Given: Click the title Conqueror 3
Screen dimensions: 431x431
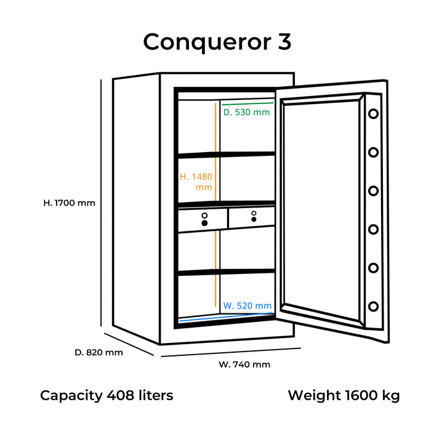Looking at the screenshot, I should pyautogui.click(x=216, y=42).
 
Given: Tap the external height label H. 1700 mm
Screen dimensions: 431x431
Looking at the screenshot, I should pyautogui.click(x=69, y=202).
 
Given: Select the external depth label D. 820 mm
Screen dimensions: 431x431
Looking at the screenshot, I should pyautogui.click(x=99, y=352).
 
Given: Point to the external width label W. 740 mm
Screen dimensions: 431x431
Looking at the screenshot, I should pyautogui.click(x=244, y=364).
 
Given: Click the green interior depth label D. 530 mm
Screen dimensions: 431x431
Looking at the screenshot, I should pyautogui.click(x=246, y=112).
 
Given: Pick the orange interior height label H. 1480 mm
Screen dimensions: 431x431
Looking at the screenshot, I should pyautogui.click(x=196, y=182).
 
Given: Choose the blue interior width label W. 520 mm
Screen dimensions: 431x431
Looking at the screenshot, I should pyautogui.click(x=247, y=305).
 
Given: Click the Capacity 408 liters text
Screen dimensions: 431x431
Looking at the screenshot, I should pyautogui.click(x=107, y=395).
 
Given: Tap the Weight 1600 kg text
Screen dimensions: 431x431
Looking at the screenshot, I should pyautogui.click(x=343, y=395).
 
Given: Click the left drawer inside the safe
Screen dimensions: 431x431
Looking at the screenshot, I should pyautogui.click(x=203, y=219).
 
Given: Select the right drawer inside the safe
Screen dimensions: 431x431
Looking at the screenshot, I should pyautogui.click(x=251, y=216).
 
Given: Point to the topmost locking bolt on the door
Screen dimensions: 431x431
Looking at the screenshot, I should pyautogui.click(x=373, y=115).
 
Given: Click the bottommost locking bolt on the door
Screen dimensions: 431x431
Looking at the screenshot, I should pyautogui.click(x=373, y=306).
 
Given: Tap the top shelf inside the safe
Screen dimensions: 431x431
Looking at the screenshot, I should pyautogui.click(x=226, y=155).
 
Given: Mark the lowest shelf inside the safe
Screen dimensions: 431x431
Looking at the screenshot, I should pyautogui.click(x=226, y=272).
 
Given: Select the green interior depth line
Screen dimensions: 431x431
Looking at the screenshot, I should pyautogui.click(x=246, y=103).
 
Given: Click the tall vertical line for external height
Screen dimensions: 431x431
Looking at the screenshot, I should pyautogui.click(x=101, y=203).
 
